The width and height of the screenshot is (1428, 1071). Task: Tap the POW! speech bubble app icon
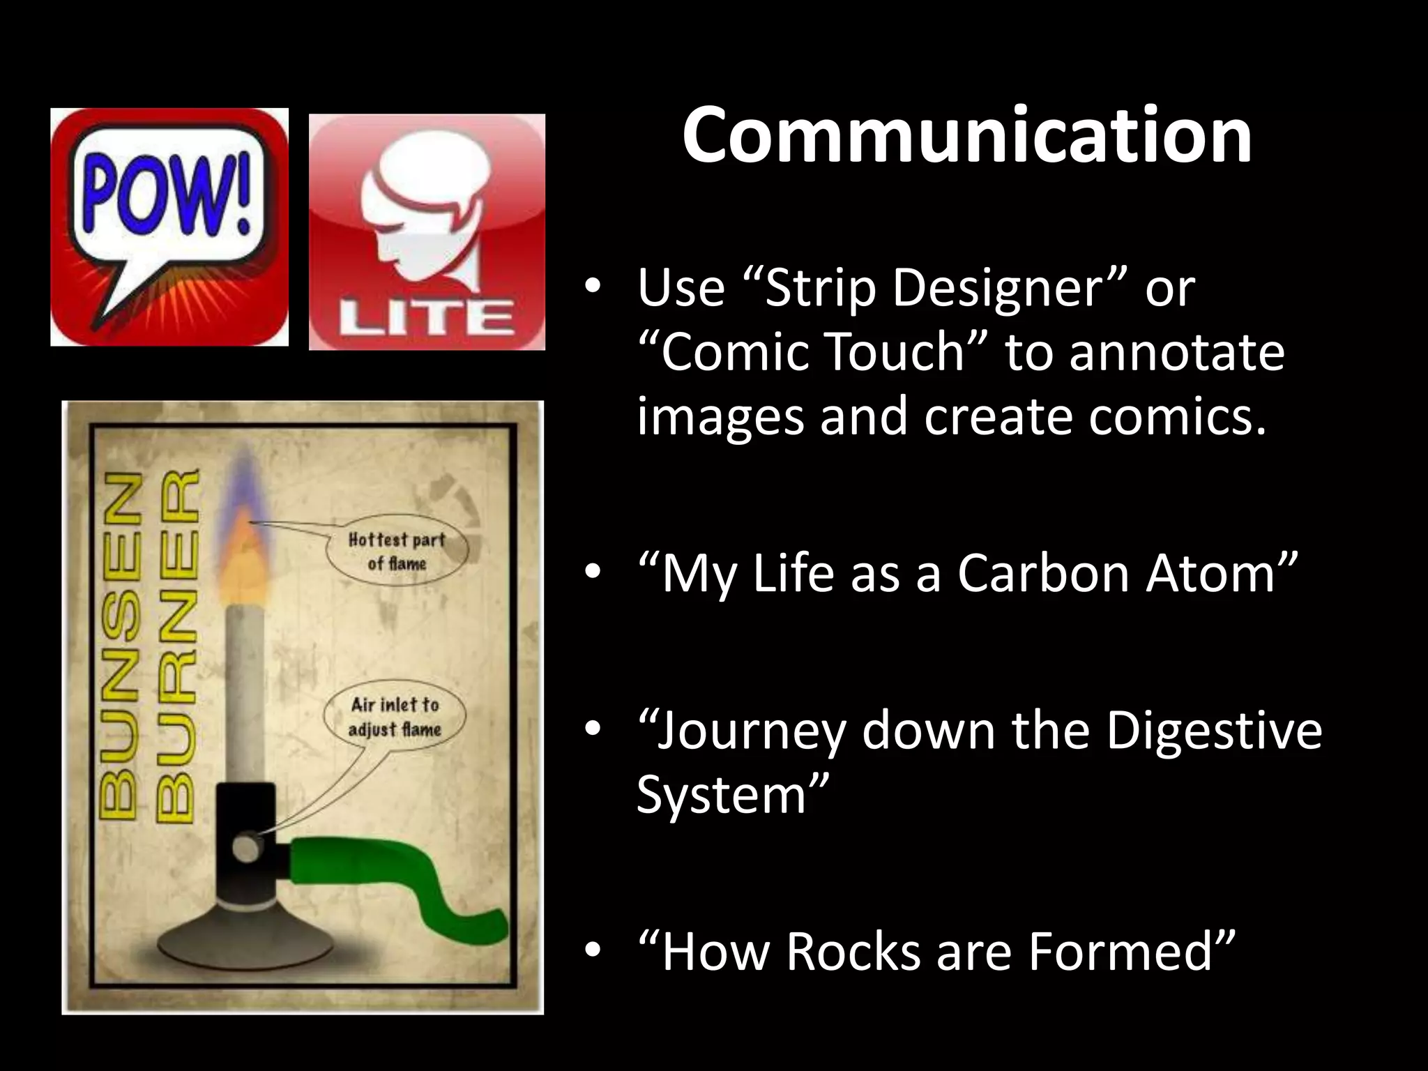point(169,227)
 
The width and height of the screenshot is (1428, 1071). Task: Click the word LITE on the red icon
point(426,319)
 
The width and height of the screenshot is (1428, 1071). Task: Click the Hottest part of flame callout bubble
point(397,551)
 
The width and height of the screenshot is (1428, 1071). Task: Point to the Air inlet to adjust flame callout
point(395,717)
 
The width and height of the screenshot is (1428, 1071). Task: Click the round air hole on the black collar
point(245,847)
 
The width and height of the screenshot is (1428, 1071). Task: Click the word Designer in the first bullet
point(997,287)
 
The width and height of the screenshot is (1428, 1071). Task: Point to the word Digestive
point(1214,730)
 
